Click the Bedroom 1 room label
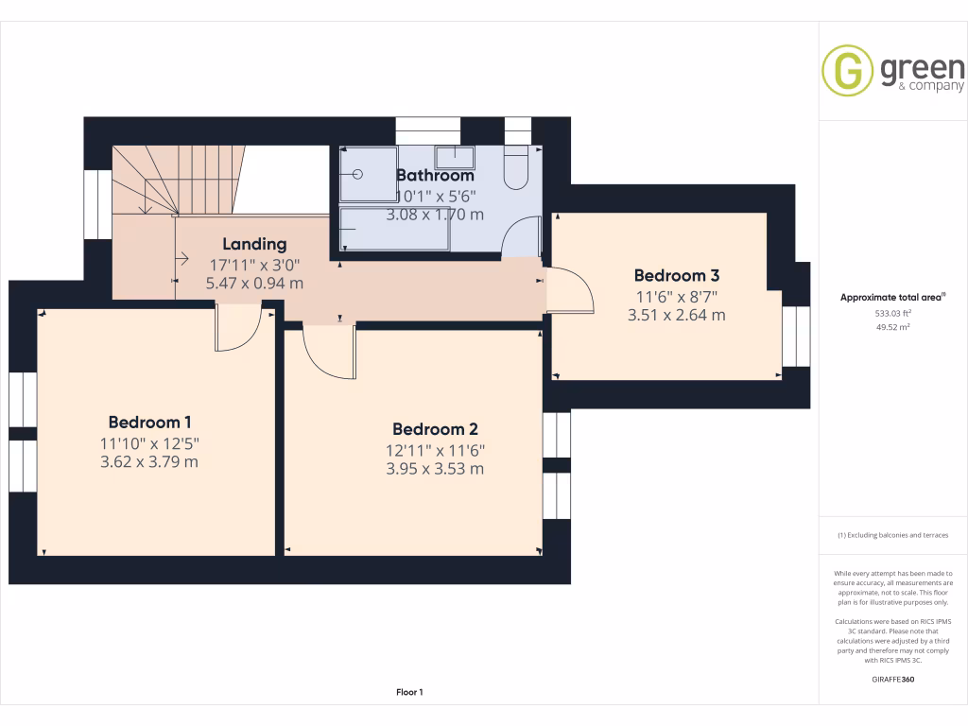(x=149, y=423)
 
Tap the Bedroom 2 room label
(x=435, y=429)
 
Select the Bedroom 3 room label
(x=677, y=275)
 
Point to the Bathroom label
(x=435, y=175)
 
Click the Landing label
(x=254, y=245)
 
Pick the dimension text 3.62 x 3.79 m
(x=149, y=461)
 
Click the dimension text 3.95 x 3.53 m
(x=435, y=469)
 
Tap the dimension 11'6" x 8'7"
(x=677, y=297)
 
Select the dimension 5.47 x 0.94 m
(x=254, y=284)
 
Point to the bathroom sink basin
(x=455, y=157)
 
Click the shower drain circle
(x=357, y=174)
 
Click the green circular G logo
(x=847, y=70)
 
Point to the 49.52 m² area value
(x=892, y=327)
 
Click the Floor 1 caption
(x=409, y=692)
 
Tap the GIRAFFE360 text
(x=892, y=679)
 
